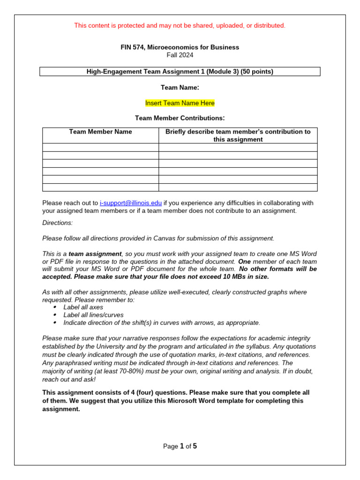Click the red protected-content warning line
tap(180, 25)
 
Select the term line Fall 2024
tap(180, 55)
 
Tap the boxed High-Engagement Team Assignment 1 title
tap(180, 72)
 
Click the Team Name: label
tap(180, 87)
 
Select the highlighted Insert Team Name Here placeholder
tap(180, 103)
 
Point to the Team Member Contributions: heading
tap(180, 118)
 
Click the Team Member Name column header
tap(100, 132)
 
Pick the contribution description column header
tap(238, 135)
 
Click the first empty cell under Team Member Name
tap(100, 147)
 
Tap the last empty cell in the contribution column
tap(238, 187)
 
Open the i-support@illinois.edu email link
tap(131, 203)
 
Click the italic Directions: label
tap(57, 223)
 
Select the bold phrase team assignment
tap(95, 254)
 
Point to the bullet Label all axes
tap(83, 307)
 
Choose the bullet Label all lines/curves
tap(93, 315)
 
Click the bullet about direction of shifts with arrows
tap(161, 322)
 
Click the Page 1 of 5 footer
tap(180, 446)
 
